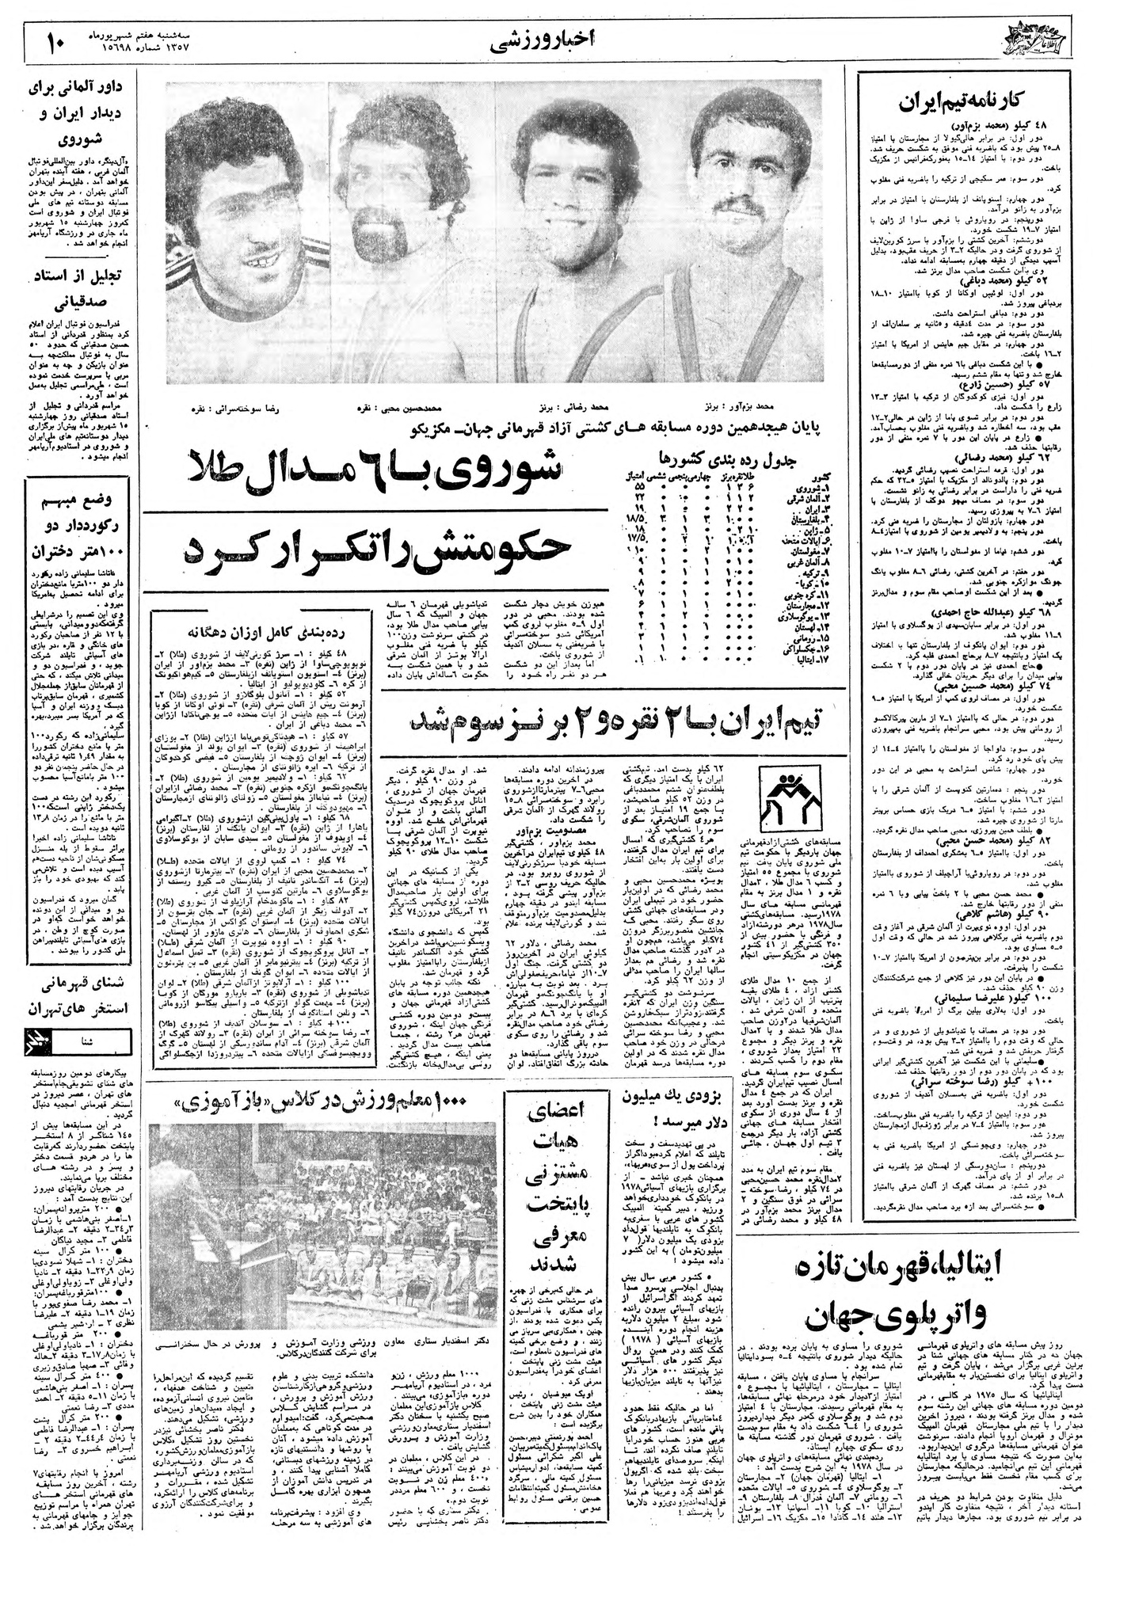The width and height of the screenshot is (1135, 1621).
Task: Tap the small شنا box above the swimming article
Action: click(x=96, y=1043)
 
